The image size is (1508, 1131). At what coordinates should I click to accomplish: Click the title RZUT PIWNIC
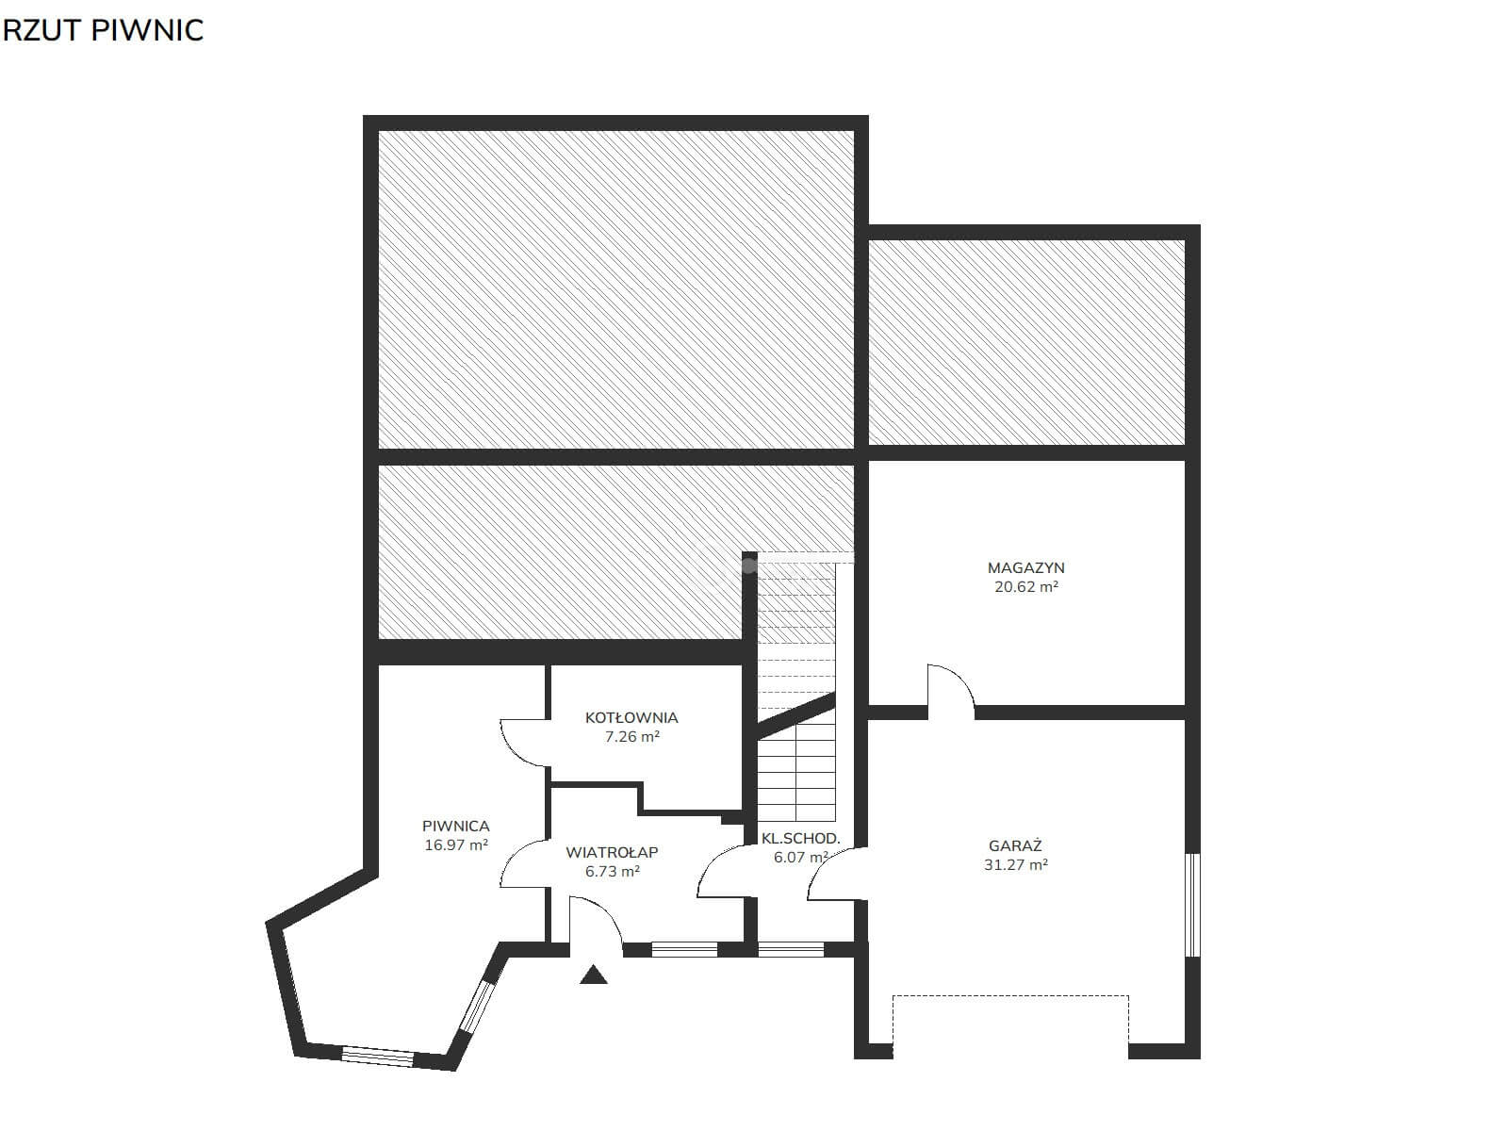pos(103,30)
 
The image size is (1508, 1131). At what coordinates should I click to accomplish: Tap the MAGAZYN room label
pos(1025,568)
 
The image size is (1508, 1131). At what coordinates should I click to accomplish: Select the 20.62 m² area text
pos(1025,587)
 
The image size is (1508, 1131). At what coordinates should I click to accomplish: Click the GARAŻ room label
pos(1015,845)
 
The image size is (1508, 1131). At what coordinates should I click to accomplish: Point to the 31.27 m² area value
pos(1015,865)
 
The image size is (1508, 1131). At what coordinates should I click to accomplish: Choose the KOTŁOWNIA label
pos(631,717)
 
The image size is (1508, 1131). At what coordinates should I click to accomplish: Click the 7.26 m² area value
pos(632,737)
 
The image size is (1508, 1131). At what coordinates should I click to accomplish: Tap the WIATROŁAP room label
pos(612,852)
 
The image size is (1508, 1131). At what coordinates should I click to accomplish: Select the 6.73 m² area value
pos(612,872)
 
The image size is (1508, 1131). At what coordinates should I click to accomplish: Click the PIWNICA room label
pos(456,827)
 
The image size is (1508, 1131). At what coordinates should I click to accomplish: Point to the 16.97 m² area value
pos(456,845)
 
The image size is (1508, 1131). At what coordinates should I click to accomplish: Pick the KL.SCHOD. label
pos(800,839)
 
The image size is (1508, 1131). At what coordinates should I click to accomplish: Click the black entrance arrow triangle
pos(594,975)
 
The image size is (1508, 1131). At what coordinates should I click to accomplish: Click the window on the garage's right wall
pos(1193,905)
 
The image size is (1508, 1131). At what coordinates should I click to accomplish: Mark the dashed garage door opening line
pos(1010,995)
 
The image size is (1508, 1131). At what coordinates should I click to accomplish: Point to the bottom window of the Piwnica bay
pos(378,1056)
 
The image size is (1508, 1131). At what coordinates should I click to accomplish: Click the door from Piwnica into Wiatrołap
pos(523,863)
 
